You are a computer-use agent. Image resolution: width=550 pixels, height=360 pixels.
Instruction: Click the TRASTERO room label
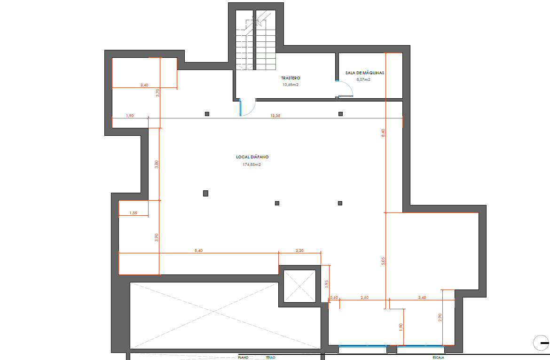[291, 78]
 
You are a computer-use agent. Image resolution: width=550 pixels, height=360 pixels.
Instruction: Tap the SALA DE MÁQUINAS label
[365, 73]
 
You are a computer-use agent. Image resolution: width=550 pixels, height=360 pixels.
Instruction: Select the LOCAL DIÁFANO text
[252, 157]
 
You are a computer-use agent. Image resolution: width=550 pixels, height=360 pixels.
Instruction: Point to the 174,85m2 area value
[251, 164]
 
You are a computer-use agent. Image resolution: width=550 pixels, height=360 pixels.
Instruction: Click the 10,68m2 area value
[291, 85]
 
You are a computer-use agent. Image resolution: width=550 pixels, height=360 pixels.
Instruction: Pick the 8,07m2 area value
[363, 80]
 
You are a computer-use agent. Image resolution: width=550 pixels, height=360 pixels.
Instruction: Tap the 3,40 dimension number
[144, 85]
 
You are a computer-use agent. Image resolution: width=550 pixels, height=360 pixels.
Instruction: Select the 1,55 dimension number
[133, 213]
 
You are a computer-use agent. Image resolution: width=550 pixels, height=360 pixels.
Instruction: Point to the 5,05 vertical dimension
[383, 260]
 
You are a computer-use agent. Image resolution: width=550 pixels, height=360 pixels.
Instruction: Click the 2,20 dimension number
[299, 250]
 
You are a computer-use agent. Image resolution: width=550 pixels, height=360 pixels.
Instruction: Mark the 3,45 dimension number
[423, 297]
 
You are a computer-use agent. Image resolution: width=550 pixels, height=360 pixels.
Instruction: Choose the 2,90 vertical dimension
[440, 318]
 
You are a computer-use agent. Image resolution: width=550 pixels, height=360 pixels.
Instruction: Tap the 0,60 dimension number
[334, 297]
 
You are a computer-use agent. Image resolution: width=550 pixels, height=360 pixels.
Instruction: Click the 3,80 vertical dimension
[157, 164]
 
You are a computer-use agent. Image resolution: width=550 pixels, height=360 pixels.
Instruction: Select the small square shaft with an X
[299, 286]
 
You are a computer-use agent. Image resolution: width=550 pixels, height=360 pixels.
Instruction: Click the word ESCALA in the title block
[438, 357]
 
